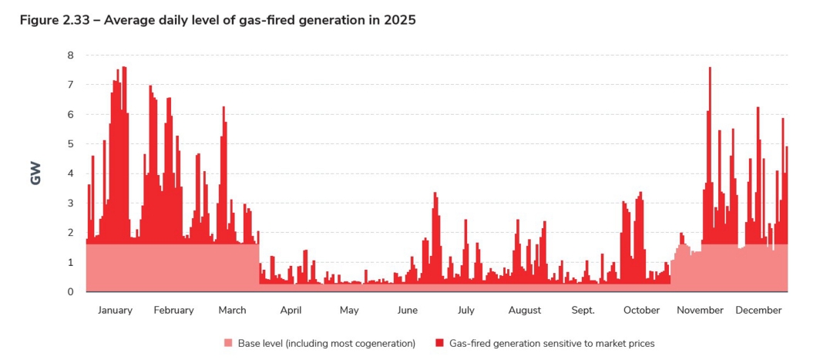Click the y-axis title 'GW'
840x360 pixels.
(x=35, y=173)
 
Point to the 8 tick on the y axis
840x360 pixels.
(x=70, y=56)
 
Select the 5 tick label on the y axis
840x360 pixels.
(x=70, y=144)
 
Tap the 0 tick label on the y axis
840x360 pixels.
(x=70, y=292)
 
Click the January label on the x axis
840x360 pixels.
(x=115, y=311)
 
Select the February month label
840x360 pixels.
(x=173, y=311)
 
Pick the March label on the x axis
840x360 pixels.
(x=232, y=311)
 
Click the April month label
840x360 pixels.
(x=291, y=311)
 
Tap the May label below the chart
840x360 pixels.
(x=349, y=311)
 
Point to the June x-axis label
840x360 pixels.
(x=408, y=311)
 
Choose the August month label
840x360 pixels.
(x=525, y=311)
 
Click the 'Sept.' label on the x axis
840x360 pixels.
(x=583, y=311)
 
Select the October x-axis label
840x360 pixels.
(x=641, y=311)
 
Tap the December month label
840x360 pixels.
(x=758, y=311)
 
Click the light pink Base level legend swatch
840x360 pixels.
(x=228, y=343)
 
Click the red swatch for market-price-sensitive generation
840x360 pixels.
(x=439, y=343)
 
